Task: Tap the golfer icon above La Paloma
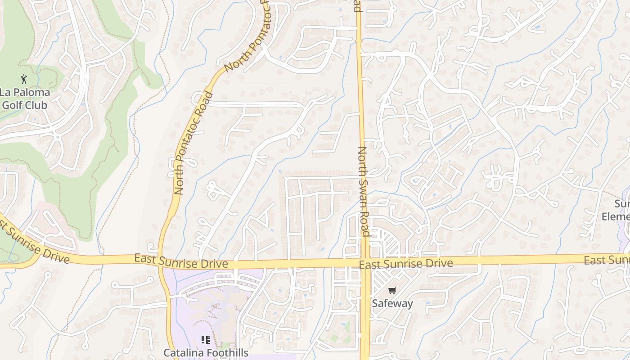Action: coord(24,80)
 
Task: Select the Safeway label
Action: coord(392,303)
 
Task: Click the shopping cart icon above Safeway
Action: coord(392,290)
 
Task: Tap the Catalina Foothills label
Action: coord(206,352)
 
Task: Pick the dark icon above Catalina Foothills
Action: coord(206,340)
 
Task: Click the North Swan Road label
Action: coord(364,191)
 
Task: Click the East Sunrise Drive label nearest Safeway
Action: coord(406,263)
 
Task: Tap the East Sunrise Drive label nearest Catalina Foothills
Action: coord(181,261)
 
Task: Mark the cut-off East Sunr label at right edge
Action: coord(607,260)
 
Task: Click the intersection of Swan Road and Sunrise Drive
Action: coord(364,262)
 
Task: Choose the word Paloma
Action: coord(31,93)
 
